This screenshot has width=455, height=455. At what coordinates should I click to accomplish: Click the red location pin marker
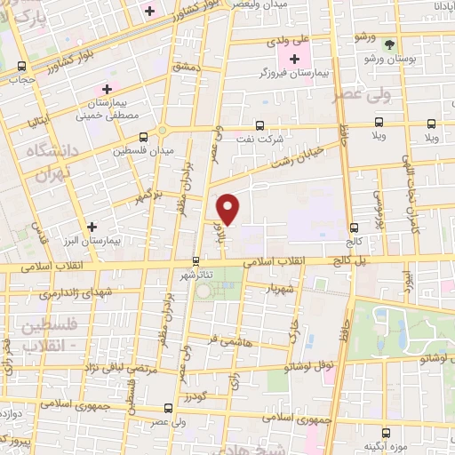tap(228, 209)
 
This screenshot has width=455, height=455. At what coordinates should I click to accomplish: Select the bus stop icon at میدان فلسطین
tap(144, 137)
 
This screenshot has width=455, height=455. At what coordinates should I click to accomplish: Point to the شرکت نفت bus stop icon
tap(259, 125)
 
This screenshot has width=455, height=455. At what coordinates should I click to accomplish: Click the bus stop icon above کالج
tap(355, 227)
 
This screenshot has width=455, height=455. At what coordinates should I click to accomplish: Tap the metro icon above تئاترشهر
tap(196, 261)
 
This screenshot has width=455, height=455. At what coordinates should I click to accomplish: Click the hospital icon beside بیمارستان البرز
tap(92, 227)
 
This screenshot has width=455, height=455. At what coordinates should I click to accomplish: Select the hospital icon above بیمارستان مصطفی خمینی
tap(107, 89)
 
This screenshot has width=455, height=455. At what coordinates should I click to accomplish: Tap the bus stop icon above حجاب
tap(21, 66)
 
